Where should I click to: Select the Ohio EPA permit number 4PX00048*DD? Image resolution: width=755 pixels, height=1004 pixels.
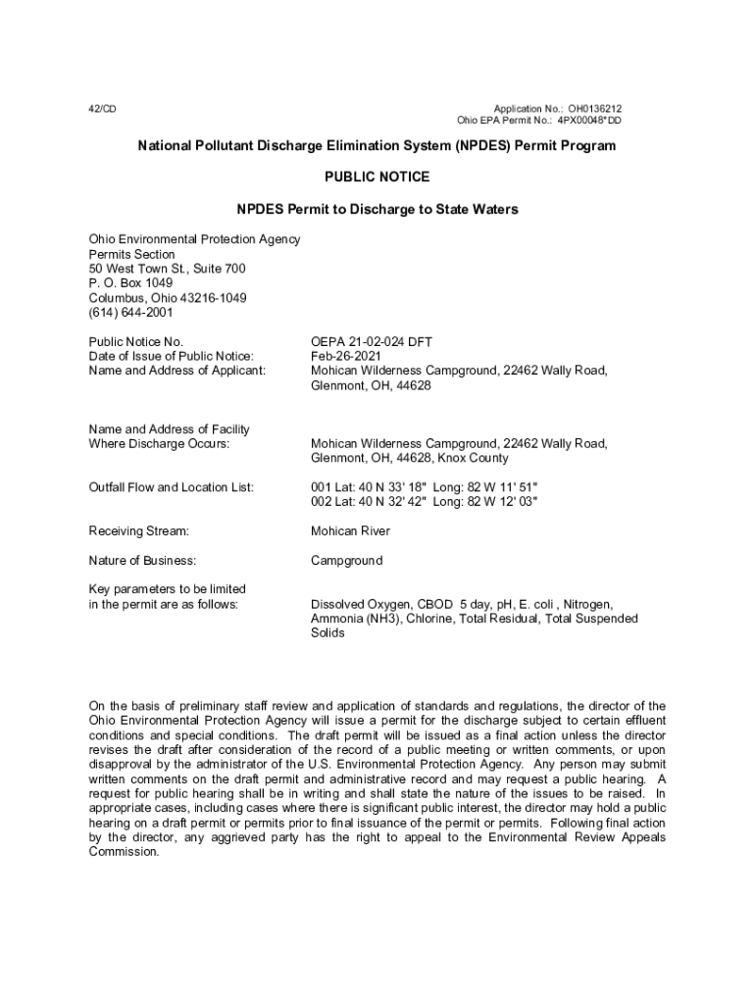588,121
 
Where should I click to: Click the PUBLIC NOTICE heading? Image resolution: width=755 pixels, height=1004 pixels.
377,177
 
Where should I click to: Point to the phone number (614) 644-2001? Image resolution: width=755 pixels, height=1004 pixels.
130,313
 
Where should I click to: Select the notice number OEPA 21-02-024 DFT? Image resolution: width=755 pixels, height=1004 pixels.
372,341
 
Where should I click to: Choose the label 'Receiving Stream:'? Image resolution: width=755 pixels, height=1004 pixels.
138,530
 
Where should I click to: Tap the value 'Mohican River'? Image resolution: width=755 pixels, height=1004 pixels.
350,530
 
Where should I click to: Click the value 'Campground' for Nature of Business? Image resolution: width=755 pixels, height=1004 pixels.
346,561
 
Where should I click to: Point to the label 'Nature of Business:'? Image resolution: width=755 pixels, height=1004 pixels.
142,561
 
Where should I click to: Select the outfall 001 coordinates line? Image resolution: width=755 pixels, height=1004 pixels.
425,487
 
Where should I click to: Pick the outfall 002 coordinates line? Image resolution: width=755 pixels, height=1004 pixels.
425,502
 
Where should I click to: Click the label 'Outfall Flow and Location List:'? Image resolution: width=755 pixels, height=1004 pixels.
172,487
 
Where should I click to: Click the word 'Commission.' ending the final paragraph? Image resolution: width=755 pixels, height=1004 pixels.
124,852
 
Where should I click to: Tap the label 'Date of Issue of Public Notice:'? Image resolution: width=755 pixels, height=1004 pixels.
172,356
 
